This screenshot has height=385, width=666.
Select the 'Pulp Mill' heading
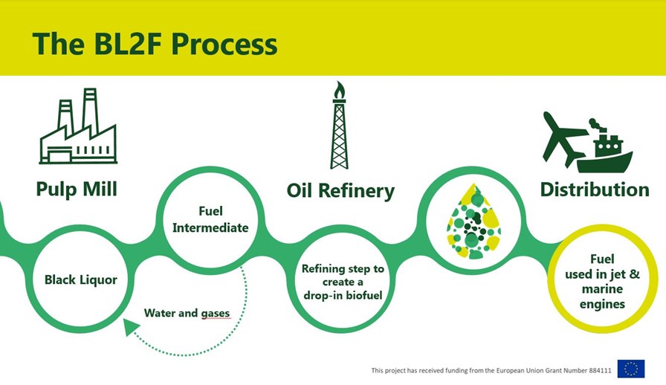(77, 189)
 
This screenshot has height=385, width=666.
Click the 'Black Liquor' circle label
(80, 280)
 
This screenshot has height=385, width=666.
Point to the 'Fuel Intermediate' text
(210, 220)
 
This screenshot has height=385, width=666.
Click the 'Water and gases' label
(187, 313)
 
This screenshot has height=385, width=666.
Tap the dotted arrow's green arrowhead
(133, 327)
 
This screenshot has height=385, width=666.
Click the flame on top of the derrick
(339, 90)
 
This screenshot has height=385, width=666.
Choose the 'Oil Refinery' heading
(340, 191)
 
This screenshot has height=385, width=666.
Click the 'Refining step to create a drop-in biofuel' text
(343, 282)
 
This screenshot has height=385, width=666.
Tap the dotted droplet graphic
(473, 221)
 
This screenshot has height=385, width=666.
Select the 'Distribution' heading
(594, 189)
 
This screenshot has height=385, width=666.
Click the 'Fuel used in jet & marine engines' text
(602, 282)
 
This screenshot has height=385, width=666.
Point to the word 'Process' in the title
(224, 44)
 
